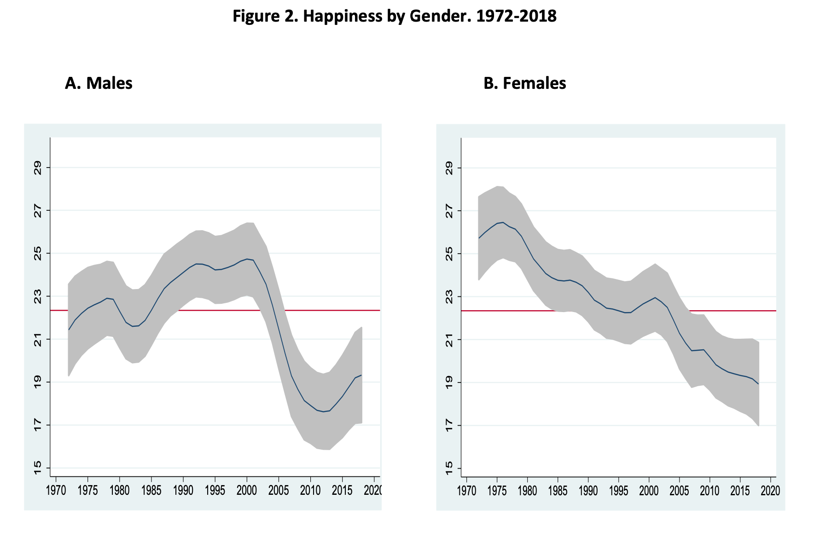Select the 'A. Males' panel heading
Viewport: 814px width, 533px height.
(x=99, y=83)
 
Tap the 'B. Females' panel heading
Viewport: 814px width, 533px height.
(x=524, y=83)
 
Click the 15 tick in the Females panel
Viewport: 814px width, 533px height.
(x=448, y=469)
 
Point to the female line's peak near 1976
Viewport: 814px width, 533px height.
(x=503, y=222)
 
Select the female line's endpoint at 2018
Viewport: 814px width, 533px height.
(x=758, y=383)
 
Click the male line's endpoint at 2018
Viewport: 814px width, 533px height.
(x=361, y=375)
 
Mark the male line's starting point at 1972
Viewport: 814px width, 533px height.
(x=69, y=330)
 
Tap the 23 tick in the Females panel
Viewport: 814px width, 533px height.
(x=448, y=296)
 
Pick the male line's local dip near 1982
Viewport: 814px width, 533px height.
(x=133, y=326)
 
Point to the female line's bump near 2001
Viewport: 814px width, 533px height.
(x=655, y=297)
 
